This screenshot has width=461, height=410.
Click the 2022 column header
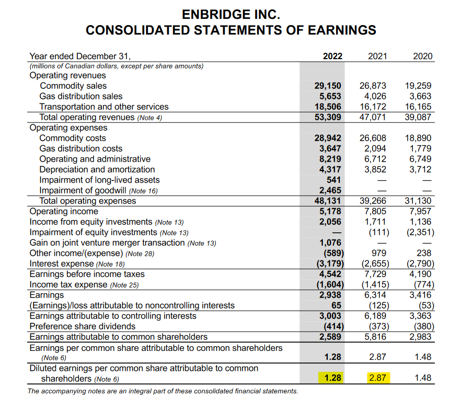click(332, 56)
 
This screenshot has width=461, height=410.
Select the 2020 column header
click(422, 56)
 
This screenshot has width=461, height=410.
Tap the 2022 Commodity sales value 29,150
click(328, 86)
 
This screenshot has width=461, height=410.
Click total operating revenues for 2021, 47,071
click(374, 117)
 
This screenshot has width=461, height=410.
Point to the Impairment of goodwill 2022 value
click(330, 190)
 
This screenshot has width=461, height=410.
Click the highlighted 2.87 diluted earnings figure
click(377, 378)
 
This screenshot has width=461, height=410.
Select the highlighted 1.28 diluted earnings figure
click(333, 378)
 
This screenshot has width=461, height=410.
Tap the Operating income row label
click(64, 211)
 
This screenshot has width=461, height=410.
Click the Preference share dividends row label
click(83, 326)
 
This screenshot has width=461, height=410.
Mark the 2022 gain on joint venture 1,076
click(330, 243)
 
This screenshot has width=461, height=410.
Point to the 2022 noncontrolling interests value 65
click(336, 305)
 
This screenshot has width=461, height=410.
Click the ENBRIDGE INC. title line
click(231, 14)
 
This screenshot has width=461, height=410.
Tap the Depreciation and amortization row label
click(97, 169)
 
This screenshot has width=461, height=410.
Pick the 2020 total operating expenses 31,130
click(419, 201)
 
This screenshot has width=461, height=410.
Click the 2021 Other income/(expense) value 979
click(380, 253)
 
